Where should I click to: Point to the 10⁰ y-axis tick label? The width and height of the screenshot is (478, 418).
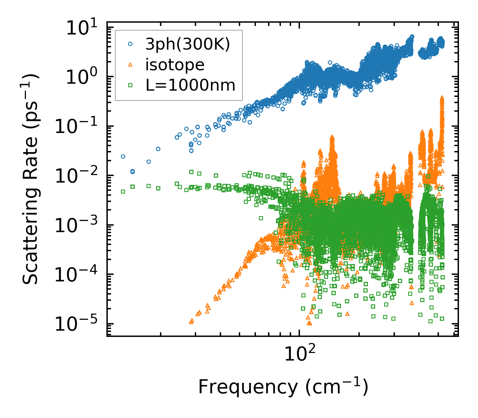coord(85,78)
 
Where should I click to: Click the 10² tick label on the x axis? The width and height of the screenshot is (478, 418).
coord(299,354)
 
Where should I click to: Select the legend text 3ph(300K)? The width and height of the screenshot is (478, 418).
coord(188,45)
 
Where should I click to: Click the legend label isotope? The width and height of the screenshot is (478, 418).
coord(175,65)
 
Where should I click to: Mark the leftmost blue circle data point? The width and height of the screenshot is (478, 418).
coord(123,156)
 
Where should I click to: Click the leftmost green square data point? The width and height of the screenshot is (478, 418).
coord(123,191)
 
